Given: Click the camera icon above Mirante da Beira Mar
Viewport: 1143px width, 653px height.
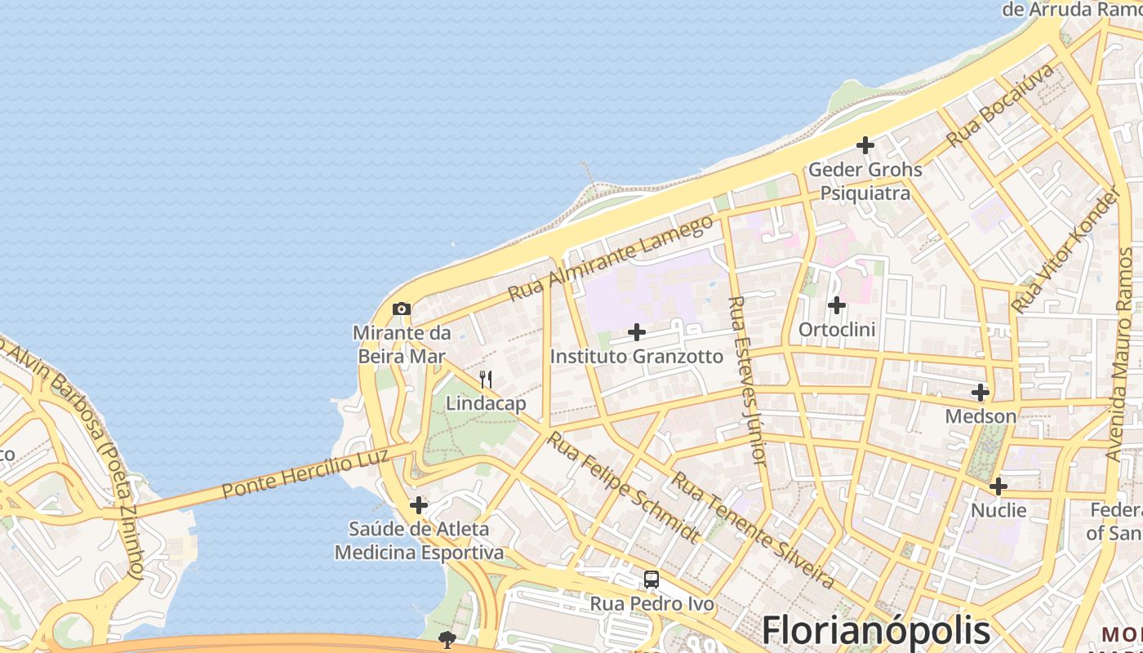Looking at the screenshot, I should [402, 309].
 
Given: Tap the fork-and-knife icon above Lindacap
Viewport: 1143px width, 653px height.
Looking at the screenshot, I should [486, 379].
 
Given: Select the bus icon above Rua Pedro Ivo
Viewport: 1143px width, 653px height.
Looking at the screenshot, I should [651, 580].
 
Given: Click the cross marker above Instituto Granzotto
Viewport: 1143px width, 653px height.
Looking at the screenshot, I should [637, 332].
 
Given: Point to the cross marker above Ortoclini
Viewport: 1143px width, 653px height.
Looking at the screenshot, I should [837, 305].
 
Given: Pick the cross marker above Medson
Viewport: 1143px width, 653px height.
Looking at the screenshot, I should [981, 393].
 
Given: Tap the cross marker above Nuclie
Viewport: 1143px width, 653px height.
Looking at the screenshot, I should [998, 486].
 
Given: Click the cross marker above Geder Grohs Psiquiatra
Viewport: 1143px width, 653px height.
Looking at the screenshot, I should [865, 145].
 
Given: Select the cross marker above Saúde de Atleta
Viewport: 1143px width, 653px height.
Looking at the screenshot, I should [419, 505].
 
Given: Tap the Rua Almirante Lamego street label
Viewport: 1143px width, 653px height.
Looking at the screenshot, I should [610, 258].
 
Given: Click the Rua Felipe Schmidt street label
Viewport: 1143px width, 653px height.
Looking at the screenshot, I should [624, 487].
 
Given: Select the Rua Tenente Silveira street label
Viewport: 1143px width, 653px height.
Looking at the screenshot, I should [752, 530].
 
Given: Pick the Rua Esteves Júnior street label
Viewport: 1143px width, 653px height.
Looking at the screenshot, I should [748, 380].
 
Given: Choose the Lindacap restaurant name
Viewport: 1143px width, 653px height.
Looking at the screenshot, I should [486, 403].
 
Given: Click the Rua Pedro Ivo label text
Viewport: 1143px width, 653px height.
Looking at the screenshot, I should [652, 604].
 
